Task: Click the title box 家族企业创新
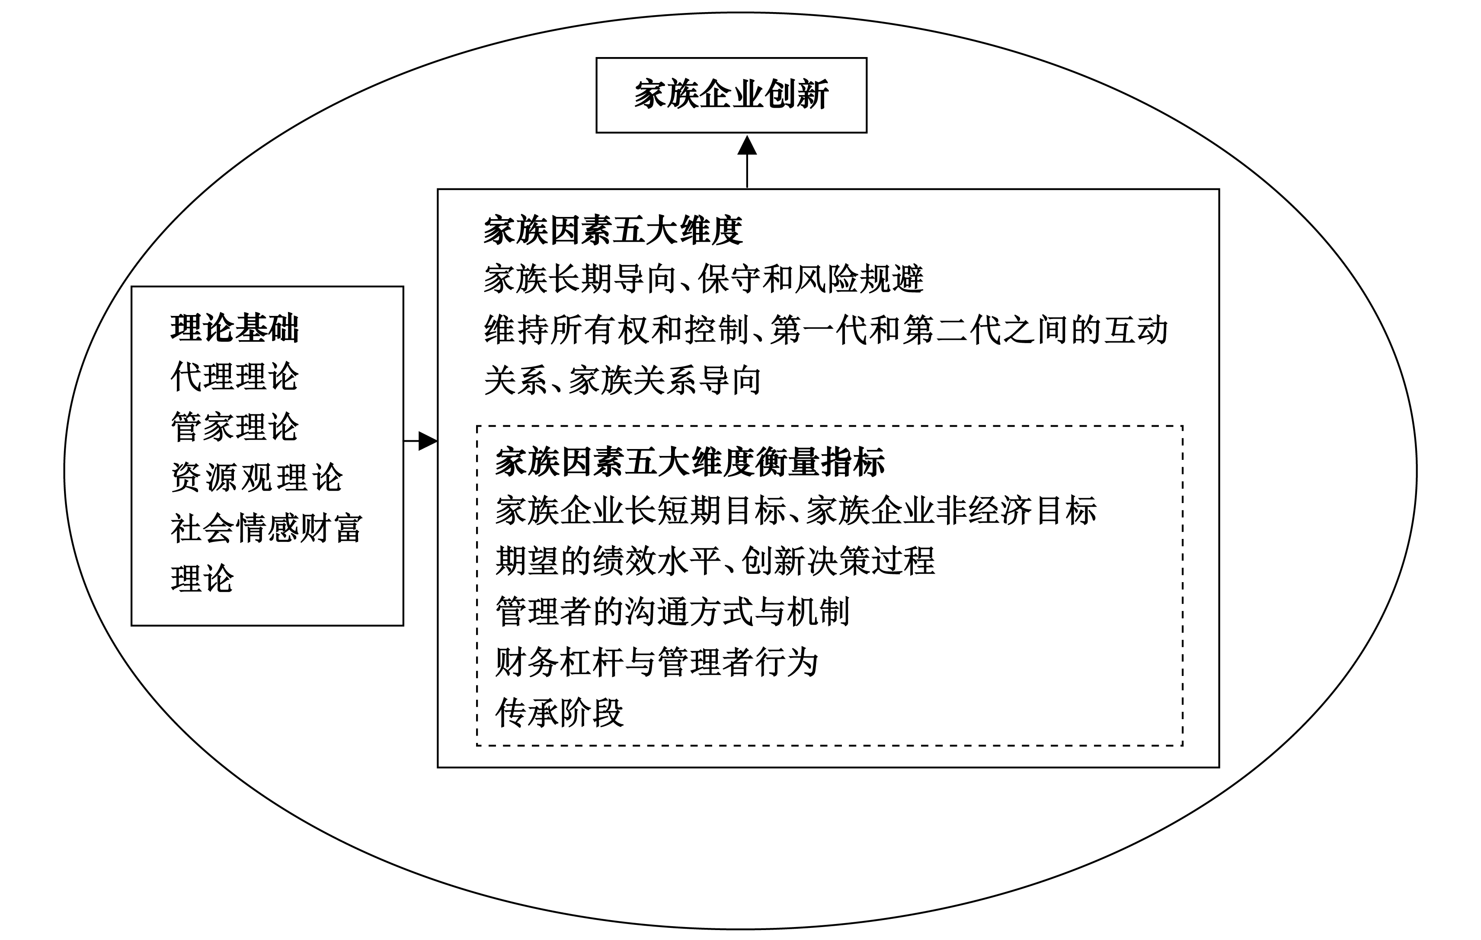click(731, 95)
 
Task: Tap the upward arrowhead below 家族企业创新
click(747, 147)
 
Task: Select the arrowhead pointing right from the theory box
click(428, 441)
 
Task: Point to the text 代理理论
click(234, 376)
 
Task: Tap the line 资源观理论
click(256, 477)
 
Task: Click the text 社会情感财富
click(266, 528)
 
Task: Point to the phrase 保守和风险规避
click(811, 279)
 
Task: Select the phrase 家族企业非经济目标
click(951, 511)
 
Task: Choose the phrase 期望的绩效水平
click(608, 561)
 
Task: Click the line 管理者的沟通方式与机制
click(672, 612)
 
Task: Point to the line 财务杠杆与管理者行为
click(656, 662)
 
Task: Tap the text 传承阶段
click(559, 713)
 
